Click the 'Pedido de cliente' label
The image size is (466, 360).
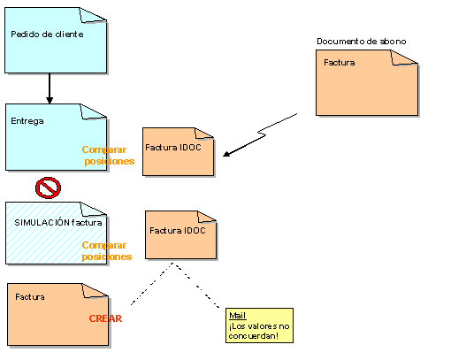(x=47, y=34)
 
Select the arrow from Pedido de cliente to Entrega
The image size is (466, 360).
(x=50, y=88)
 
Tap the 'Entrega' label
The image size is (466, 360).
(x=27, y=121)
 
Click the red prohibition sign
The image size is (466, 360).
(x=48, y=188)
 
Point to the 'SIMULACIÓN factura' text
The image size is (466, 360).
(x=58, y=222)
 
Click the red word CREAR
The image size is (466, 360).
(x=105, y=318)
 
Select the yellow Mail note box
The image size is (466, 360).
(x=259, y=326)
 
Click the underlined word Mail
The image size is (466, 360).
(x=238, y=316)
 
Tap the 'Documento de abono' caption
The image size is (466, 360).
(x=362, y=42)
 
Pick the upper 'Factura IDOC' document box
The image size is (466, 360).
(x=178, y=151)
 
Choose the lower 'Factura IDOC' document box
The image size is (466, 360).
(x=180, y=235)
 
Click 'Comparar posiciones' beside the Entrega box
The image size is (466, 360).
(x=108, y=155)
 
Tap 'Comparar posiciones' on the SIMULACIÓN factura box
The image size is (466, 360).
(x=107, y=251)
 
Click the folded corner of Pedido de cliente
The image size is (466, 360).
(x=93, y=15)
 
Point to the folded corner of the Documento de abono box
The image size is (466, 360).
(x=404, y=57)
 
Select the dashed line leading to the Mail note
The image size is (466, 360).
(x=196, y=286)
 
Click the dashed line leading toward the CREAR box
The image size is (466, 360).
(x=152, y=284)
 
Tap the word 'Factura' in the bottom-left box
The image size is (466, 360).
(x=30, y=297)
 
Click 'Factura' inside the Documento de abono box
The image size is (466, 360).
(x=339, y=63)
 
